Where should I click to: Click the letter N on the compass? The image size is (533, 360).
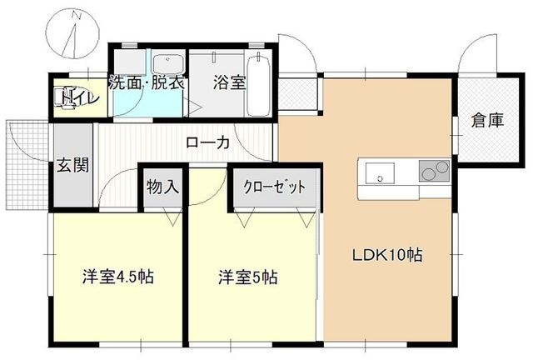click(77, 15)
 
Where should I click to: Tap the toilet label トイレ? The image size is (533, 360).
click(80, 98)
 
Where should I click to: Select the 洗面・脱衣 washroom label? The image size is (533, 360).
click(147, 82)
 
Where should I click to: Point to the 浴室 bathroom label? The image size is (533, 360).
click(230, 82)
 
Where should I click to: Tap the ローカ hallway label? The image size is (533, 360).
click(207, 143)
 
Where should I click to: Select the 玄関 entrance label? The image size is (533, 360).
click(73, 165)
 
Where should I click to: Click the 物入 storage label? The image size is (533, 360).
click(163, 187)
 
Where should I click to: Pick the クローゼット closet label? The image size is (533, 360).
click(274, 187)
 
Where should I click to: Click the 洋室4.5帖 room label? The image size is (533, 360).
click(118, 277)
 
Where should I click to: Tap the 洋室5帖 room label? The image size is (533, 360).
click(248, 277)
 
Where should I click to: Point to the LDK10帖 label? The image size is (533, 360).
click(387, 255)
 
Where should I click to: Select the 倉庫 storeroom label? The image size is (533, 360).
click(487, 121)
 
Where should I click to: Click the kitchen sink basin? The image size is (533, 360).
click(380, 173)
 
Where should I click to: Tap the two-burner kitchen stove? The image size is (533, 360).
click(434, 171)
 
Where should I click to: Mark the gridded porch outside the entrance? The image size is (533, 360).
click(27, 165)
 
